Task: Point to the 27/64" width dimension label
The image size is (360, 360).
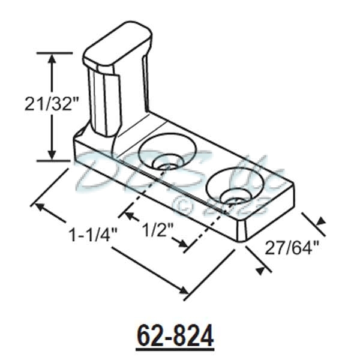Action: click(x=290, y=247)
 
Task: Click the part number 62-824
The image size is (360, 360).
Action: click(x=175, y=336)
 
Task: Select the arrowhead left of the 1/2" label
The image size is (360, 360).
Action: click(x=126, y=212)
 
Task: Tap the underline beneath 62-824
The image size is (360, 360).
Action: click(x=175, y=347)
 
